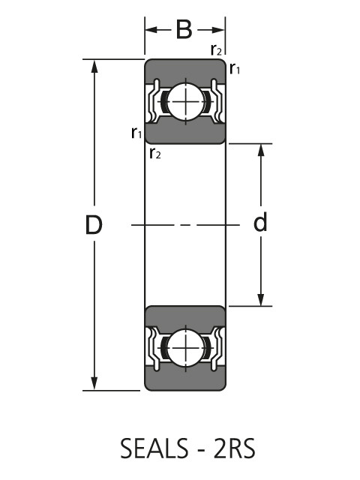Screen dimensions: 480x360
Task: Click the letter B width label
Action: (x=184, y=30)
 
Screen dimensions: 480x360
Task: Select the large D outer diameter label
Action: (x=94, y=225)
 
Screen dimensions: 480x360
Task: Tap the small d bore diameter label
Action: (x=261, y=223)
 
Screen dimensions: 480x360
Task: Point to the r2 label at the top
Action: (x=216, y=50)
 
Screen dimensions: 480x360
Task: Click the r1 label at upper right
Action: (x=235, y=70)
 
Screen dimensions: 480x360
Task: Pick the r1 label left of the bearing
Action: (x=136, y=133)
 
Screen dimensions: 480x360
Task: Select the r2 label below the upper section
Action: (x=155, y=154)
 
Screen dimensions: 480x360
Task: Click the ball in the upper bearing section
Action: (x=185, y=101)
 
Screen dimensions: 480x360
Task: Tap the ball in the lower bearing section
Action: (x=185, y=348)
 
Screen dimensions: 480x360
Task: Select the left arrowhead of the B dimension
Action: (x=150, y=30)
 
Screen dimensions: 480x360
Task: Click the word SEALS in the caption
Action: (x=154, y=448)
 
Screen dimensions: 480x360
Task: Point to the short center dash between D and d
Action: (x=185, y=225)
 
